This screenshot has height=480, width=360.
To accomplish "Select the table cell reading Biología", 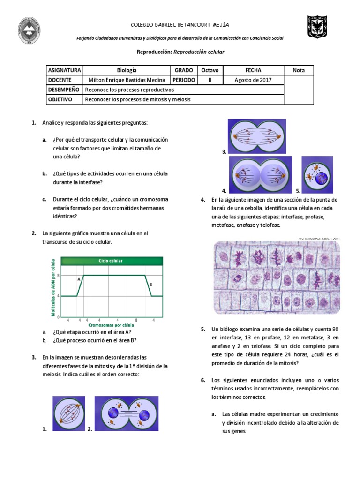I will [x=127, y=70].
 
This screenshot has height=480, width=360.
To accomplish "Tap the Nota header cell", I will [x=299, y=70].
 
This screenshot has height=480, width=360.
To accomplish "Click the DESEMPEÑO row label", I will [x=64, y=90].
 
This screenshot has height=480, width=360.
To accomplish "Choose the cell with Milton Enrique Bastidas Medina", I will [x=127, y=80].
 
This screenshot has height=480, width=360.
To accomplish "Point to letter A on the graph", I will [x=79, y=278].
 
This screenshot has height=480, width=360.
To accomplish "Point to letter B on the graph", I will [x=150, y=284].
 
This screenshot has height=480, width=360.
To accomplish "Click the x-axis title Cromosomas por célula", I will [x=111, y=324].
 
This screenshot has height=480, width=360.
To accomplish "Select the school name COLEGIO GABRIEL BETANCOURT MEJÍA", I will [x=180, y=25].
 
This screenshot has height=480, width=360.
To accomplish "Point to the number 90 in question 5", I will [x=336, y=329].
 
